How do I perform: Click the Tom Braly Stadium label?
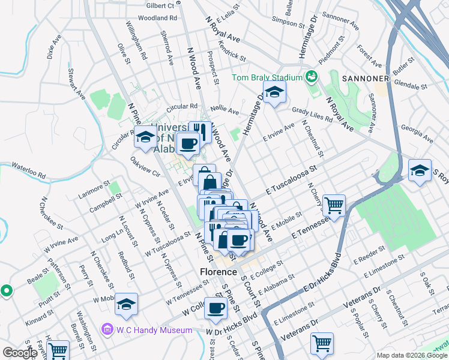point(267,77)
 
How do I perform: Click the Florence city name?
point(218,272)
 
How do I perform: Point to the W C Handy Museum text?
point(154,329)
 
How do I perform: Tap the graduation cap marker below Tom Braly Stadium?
point(274,92)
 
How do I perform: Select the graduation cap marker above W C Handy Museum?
point(126,304)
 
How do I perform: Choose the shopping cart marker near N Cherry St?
point(334,205)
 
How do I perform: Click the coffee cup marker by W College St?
point(216,308)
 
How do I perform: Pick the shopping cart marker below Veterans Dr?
point(322,344)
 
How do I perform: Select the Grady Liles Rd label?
point(312,114)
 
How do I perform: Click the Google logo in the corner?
point(20,353)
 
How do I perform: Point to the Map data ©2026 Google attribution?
point(411,355)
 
